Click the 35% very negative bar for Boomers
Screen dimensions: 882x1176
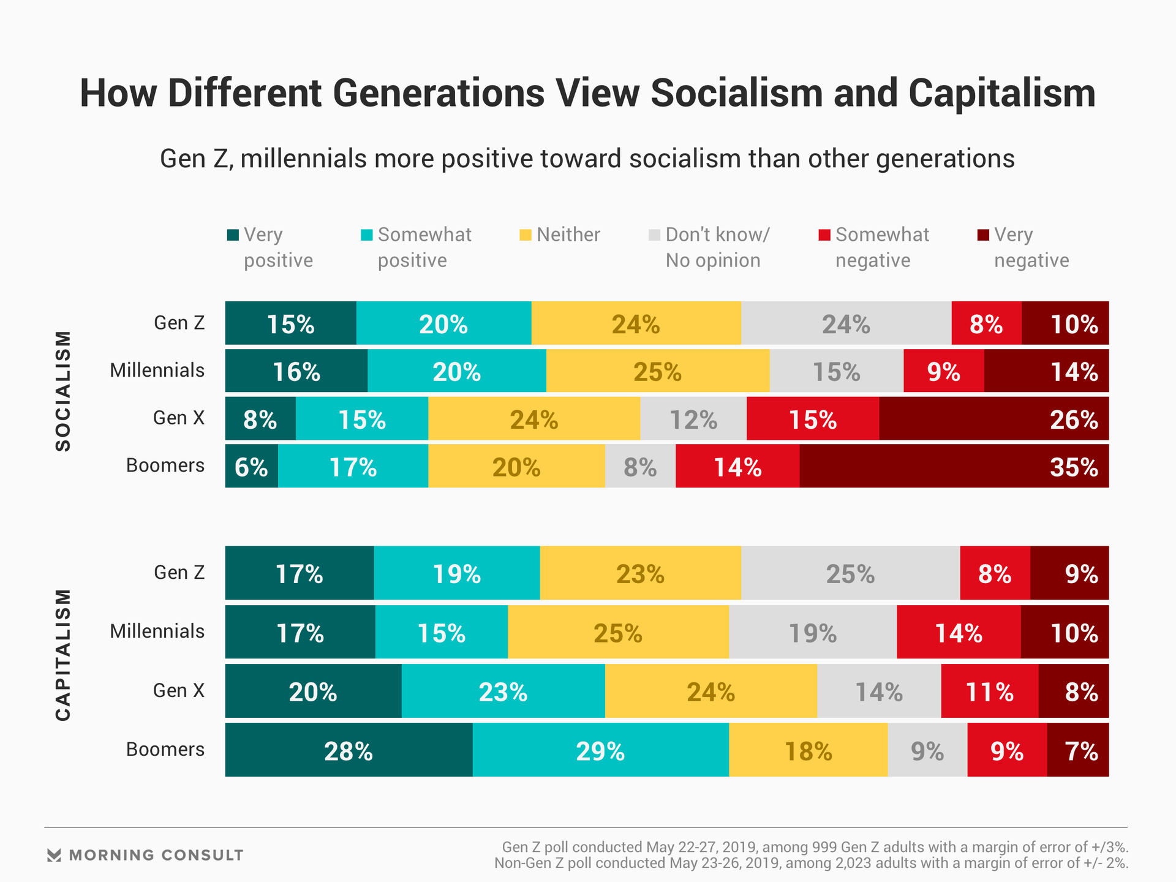[954, 466]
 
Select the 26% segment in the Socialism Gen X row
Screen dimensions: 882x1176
[993, 418]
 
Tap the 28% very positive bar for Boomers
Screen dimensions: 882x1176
[349, 750]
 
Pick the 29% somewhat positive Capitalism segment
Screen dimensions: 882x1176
[600, 750]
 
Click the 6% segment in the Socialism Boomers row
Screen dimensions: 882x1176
[251, 466]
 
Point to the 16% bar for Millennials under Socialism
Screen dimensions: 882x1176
[296, 371]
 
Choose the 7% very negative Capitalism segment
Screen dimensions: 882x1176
[1078, 750]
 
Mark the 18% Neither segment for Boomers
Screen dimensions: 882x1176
[808, 750]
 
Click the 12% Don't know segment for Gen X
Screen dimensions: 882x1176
[693, 418]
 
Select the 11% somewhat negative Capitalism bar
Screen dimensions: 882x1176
[989, 691]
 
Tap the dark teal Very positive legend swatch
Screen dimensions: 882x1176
[233, 235]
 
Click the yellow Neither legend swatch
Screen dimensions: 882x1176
[526, 235]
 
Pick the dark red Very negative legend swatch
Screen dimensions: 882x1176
[983, 235]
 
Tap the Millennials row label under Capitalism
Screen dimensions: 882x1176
[157, 631]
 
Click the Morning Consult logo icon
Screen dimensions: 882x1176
[54, 855]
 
